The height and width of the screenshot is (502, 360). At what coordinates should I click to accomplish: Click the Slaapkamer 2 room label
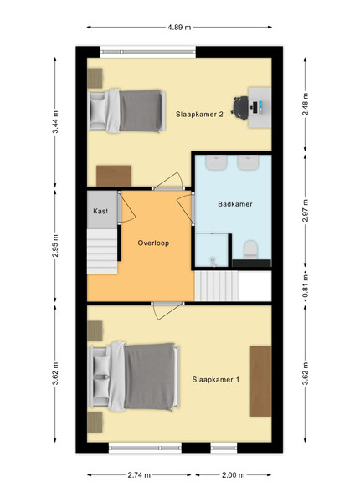coord(199,115)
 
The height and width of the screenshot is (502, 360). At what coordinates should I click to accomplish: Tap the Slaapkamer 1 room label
coord(215,380)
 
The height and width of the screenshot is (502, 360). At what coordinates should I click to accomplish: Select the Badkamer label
coord(235,204)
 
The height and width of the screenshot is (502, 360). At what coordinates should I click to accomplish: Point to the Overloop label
coord(153,243)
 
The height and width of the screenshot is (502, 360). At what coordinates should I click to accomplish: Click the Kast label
coord(100,211)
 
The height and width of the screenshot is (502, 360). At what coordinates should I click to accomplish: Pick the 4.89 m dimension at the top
coord(179,28)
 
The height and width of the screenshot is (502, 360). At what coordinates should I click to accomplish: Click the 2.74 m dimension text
coord(139,474)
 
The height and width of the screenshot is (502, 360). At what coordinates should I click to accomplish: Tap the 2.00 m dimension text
coord(234,474)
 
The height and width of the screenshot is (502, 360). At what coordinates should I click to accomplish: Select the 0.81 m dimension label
coord(306,286)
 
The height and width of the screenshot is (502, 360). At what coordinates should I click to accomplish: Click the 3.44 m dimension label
coord(55,122)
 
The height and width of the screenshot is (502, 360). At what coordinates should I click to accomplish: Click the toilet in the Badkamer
coord(251,250)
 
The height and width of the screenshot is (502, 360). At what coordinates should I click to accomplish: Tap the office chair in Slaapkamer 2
coord(240,108)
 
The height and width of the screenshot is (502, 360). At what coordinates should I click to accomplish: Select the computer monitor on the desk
coord(255,108)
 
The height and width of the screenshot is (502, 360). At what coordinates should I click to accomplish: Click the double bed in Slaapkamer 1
coord(134,376)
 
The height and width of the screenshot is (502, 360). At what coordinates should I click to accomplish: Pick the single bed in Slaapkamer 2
coord(126,110)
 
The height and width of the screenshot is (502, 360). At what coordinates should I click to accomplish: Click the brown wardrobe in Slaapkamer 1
coord(260,381)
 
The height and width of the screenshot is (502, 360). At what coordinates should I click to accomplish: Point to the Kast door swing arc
coord(130,210)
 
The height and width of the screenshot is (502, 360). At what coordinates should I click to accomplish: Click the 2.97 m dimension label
coord(306,210)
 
